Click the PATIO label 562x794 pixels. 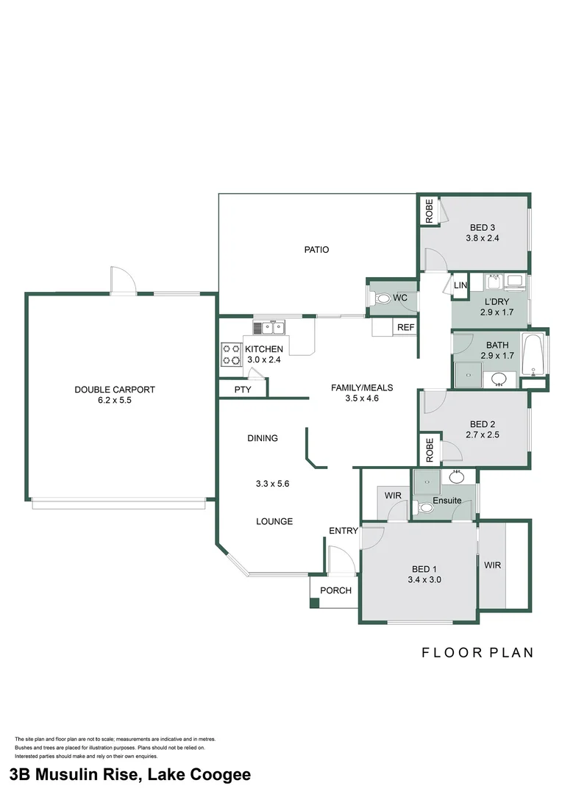click(x=316, y=250)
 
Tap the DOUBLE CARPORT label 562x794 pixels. click(x=115, y=390)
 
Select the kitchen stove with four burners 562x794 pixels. click(x=232, y=354)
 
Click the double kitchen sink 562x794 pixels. click(x=269, y=328)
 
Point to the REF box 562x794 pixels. click(x=405, y=327)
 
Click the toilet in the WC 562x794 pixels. click(x=383, y=298)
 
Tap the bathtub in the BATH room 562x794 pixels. click(x=533, y=354)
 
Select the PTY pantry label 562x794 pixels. click(x=243, y=390)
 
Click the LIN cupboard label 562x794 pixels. click(x=460, y=285)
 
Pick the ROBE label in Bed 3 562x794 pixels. click(x=430, y=211)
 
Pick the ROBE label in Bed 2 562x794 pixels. click(x=430, y=450)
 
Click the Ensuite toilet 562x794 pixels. click(x=424, y=507)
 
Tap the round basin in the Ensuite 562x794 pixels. click(x=457, y=477)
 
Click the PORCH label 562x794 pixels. click(x=335, y=590)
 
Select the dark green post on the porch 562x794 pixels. click(x=314, y=603)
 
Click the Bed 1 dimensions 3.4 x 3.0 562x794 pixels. click(x=424, y=580)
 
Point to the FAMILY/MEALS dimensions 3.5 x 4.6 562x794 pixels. click(x=362, y=398)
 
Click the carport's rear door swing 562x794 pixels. click(x=123, y=280)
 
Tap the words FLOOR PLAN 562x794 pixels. click(x=477, y=653)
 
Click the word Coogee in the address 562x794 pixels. click(x=221, y=774)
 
